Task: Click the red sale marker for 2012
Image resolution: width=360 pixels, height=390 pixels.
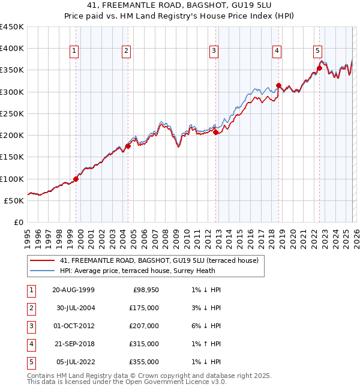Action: click(215, 133)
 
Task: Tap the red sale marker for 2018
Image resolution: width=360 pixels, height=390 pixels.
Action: click(278, 85)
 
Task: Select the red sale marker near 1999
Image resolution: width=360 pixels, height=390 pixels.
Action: click(76, 179)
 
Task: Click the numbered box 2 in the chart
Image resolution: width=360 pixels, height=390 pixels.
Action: click(127, 52)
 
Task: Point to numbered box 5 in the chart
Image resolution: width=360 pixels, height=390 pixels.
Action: click(317, 52)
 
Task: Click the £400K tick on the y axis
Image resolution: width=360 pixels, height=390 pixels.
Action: click(13, 49)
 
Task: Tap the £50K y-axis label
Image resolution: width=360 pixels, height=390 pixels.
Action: click(15, 200)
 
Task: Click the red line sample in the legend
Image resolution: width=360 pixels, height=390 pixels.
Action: click(41, 260)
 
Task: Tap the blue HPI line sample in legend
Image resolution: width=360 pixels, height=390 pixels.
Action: click(41, 271)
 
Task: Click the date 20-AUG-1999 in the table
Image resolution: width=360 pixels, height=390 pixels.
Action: click(73, 290)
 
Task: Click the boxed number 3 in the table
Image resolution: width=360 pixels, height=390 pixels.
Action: click(30, 326)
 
